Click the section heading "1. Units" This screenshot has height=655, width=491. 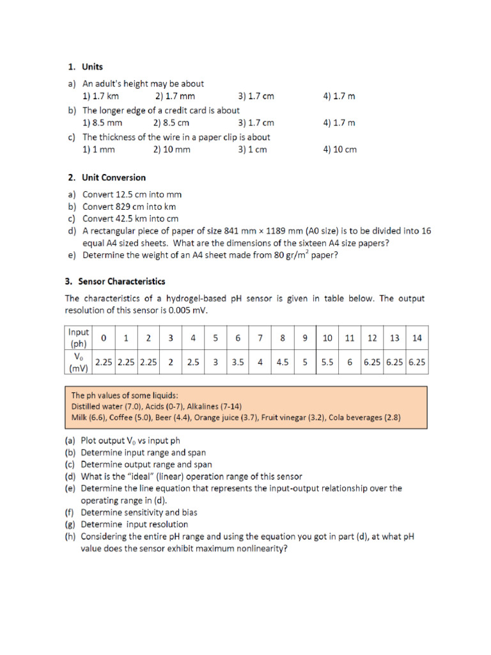(x=86, y=67)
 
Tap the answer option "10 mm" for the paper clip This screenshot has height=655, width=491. (x=171, y=150)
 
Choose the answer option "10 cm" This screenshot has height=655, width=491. (x=340, y=150)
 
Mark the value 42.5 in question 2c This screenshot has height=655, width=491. (x=129, y=219)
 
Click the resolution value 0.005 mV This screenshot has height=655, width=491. (x=185, y=310)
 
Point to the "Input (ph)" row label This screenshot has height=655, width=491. (x=79, y=337)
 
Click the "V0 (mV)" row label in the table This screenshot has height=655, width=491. (x=79, y=361)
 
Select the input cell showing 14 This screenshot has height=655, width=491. (x=417, y=337)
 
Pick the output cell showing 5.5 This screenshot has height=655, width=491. (x=327, y=361)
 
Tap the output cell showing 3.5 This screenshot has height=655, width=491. (x=238, y=361)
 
